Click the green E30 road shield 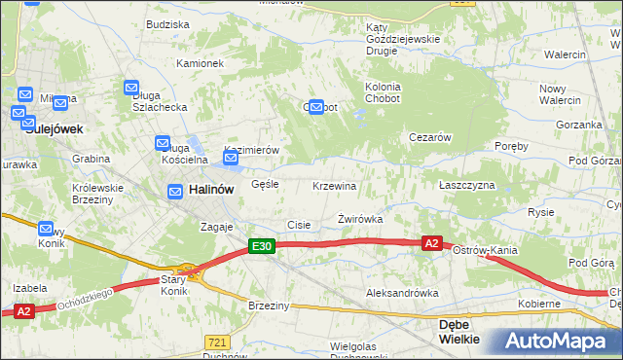261,247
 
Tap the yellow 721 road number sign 218,342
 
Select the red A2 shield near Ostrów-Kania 432,242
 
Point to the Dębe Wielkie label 459,332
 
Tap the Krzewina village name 334,186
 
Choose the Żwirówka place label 359,219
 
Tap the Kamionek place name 201,63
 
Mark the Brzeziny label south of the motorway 269,306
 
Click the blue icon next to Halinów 175,193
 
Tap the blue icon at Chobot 316,108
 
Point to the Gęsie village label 265,183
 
